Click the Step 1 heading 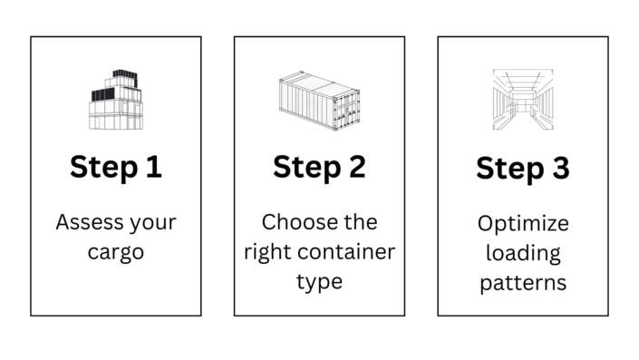[x=116, y=168]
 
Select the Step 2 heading [x=319, y=168]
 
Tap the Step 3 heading [x=523, y=168]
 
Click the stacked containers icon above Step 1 [x=116, y=100]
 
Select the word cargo [x=116, y=251]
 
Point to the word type [x=319, y=282]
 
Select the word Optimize [x=523, y=221]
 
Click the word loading [x=523, y=251]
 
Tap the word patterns [x=523, y=282]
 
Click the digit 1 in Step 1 [x=153, y=168]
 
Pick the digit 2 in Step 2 [x=356, y=168]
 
